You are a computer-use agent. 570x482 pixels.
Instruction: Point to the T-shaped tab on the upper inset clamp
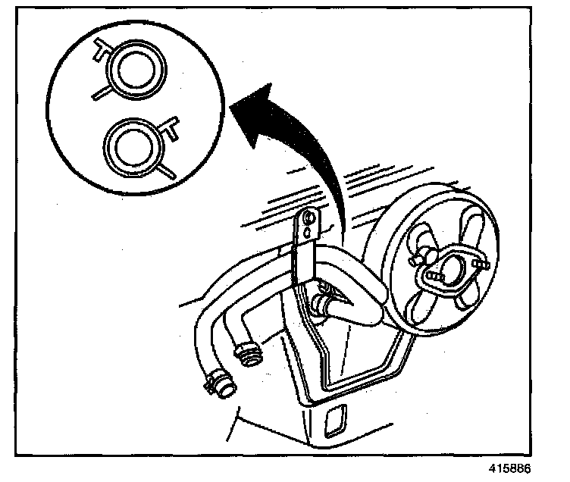click(101, 52)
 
